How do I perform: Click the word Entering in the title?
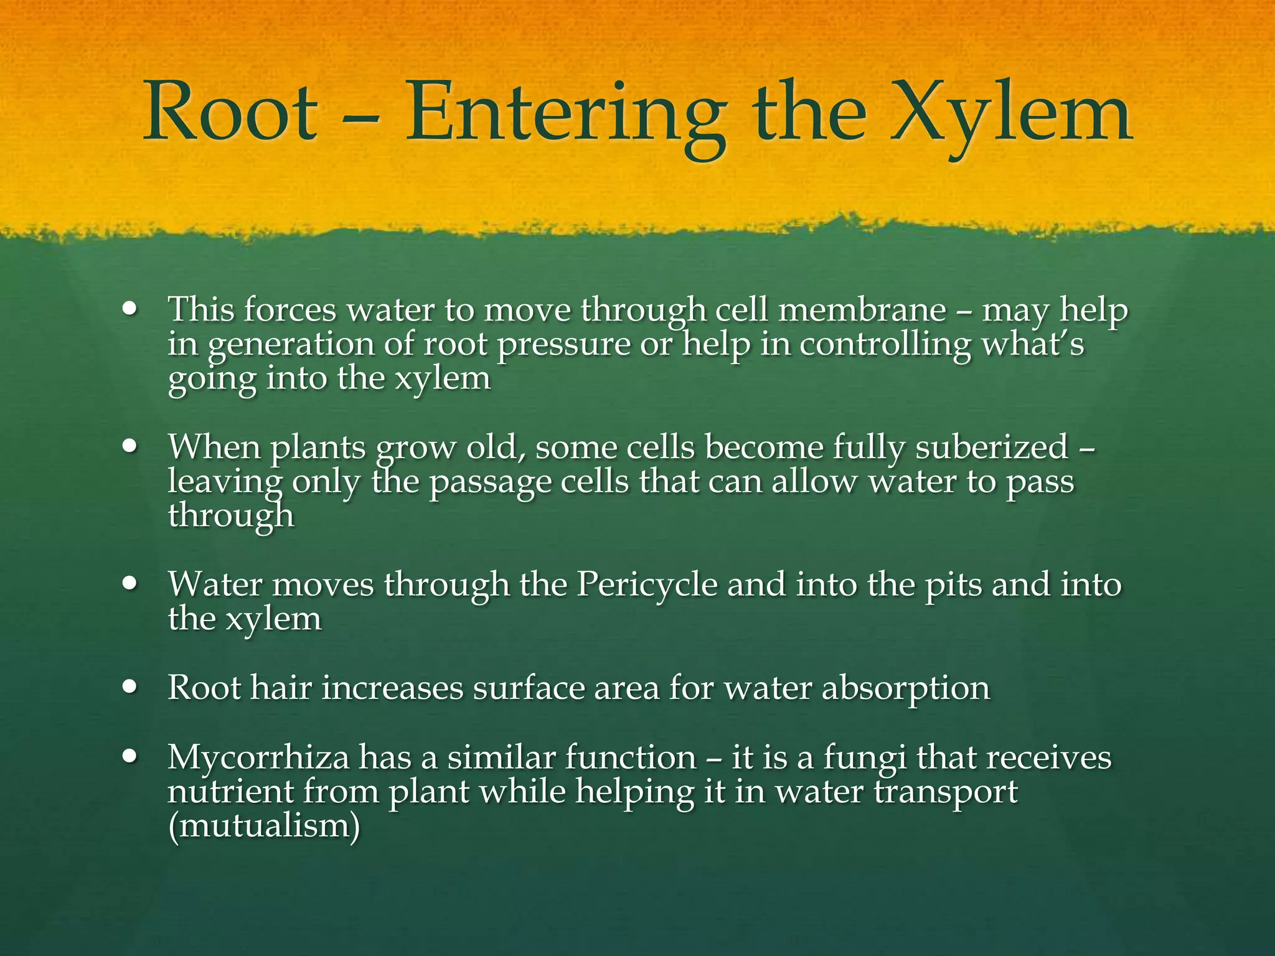click(x=565, y=113)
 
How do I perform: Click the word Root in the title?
click(x=230, y=113)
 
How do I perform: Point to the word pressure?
click(x=564, y=344)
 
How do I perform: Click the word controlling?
click(x=885, y=344)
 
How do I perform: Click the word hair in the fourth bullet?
click(x=281, y=688)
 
